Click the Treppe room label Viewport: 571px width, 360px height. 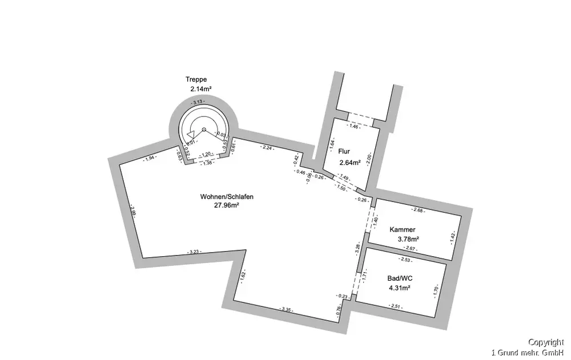195,79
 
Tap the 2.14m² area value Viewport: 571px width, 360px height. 202,89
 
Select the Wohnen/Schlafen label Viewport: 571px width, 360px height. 227,197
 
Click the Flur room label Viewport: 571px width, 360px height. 344,152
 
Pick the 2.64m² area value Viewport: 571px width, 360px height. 350,163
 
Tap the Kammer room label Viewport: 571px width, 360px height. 403,229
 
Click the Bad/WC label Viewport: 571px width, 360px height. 399,278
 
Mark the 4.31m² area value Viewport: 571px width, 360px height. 400,288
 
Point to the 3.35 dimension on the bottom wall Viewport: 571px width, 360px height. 287,309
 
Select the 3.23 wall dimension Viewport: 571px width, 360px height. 194,252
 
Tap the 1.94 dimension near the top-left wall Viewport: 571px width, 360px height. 150,158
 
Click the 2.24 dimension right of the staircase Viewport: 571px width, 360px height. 267,148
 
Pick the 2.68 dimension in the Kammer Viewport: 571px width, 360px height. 419,211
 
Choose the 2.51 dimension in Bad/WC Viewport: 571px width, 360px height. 395,307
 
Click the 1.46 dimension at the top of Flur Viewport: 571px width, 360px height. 355,126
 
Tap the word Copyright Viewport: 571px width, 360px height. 546,342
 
